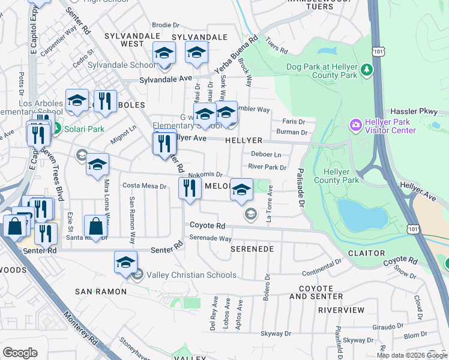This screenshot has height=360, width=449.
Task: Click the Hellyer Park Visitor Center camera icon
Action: (x=355, y=124)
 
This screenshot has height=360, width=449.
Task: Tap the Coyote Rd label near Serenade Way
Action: (x=207, y=226)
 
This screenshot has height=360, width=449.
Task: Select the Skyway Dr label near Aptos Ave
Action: (x=276, y=334)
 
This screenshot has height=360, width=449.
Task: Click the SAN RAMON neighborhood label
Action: (x=100, y=292)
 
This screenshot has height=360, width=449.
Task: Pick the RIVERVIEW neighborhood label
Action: (x=341, y=310)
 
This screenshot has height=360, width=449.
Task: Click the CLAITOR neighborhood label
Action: (x=366, y=253)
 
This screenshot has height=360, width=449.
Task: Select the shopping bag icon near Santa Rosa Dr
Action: (x=95, y=226)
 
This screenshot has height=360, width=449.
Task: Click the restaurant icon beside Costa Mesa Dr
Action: (x=190, y=188)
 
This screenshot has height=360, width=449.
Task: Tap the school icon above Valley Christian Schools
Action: (x=125, y=262)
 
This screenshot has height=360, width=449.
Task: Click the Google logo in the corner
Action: (x=20, y=353)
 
